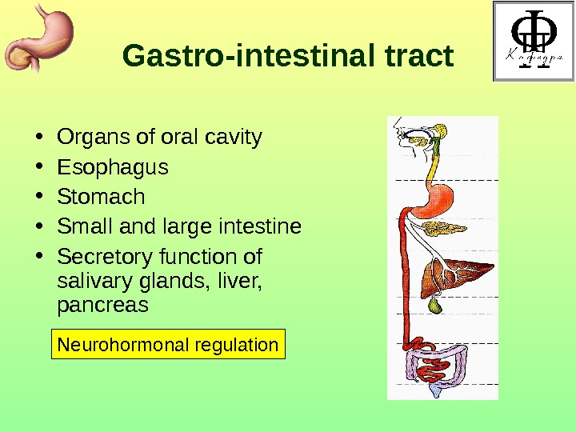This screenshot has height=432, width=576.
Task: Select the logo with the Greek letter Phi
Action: click(531, 42)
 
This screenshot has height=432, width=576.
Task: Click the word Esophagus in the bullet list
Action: click(113, 167)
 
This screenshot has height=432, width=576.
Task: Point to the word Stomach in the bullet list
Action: click(101, 197)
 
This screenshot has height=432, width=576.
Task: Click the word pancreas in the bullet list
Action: click(102, 305)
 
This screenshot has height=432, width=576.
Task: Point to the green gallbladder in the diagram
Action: click(435, 306)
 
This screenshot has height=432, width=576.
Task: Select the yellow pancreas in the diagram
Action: click(438, 230)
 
